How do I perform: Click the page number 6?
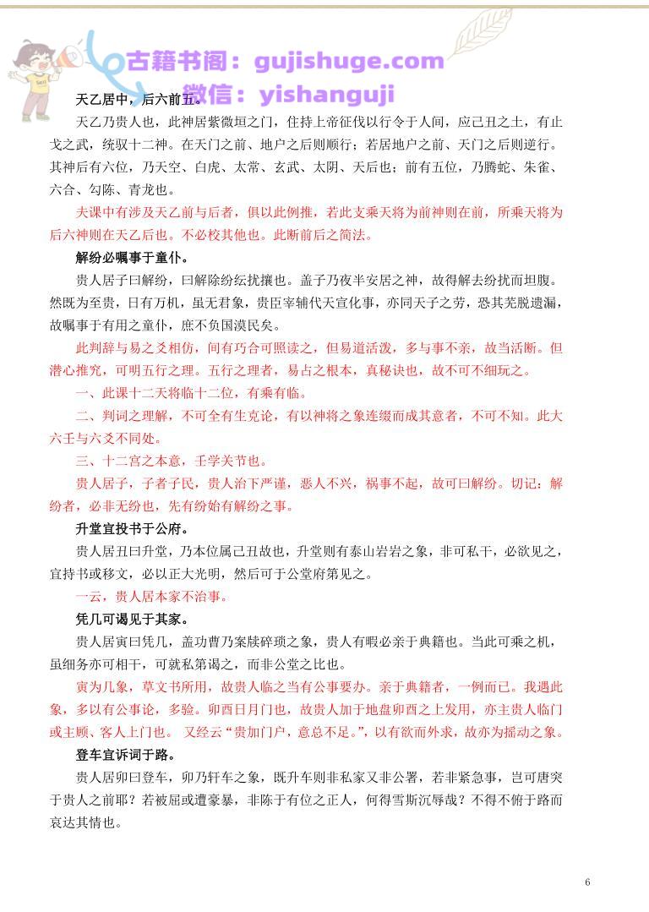[587, 882]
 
